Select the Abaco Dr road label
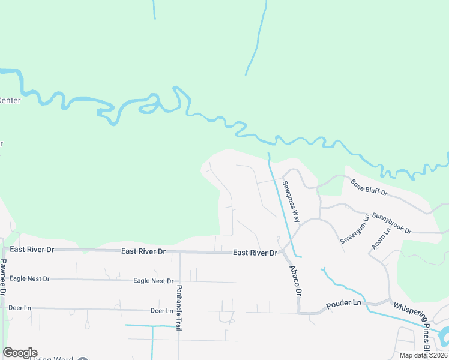pyautogui.click(x=295, y=280)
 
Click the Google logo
pyautogui.click(x=20, y=353)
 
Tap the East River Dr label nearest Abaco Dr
pyautogui.click(x=255, y=253)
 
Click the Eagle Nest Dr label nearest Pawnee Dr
pyautogui.click(x=29, y=279)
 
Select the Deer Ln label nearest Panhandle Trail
pyautogui.click(x=161, y=311)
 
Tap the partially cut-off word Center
pyautogui.click(x=10, y=100)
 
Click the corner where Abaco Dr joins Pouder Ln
pyautogui.click(x=300, y=311)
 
